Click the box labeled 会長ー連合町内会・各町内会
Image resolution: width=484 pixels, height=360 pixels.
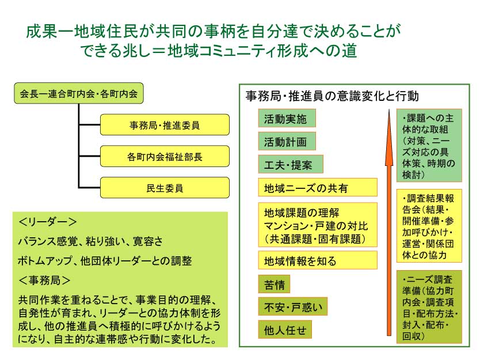click(79, 93)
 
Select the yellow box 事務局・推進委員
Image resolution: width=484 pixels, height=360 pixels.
click(165, 125)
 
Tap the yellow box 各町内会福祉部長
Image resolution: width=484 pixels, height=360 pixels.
click(165, 156)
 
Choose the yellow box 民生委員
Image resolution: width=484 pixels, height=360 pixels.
click(165, 188)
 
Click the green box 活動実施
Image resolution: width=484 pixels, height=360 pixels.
click(287, 118)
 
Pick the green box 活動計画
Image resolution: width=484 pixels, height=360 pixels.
click(287, 141)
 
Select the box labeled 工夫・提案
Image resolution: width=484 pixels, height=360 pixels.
click(291, 164)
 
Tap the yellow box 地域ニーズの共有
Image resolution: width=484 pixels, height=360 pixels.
click(318, 187)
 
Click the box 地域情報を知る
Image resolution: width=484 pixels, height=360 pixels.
click(318, 260)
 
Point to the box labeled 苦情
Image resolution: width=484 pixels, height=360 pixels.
click(274, 284)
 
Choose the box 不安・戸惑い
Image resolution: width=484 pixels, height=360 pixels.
click(292, 306)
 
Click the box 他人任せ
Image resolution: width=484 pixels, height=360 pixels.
click(285, 329)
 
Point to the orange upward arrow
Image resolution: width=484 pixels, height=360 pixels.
click(389, 222)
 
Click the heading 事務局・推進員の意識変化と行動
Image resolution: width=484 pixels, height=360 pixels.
click(332, 96)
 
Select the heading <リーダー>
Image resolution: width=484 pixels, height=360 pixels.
click(47, 222)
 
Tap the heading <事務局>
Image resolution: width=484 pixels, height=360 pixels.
click(44, 281)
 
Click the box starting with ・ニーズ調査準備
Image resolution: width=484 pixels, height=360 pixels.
click(429, 307)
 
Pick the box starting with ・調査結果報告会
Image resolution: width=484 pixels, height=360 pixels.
click(429, 226)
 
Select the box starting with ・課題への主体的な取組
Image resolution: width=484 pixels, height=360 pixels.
click(429, 145)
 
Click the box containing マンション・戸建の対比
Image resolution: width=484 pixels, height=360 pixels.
click(318, 225)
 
